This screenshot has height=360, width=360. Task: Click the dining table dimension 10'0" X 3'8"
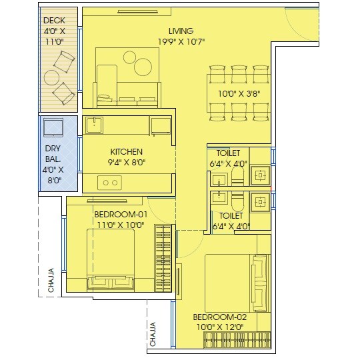pyautogui.click(x=239, y=94)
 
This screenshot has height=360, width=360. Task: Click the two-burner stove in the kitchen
pyautogui.click(x=109, y=181)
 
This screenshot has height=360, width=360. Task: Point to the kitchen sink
pyautogui.click(x=94, y=123)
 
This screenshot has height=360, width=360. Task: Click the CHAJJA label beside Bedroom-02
pyautogui.click(x=153, y=335)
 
